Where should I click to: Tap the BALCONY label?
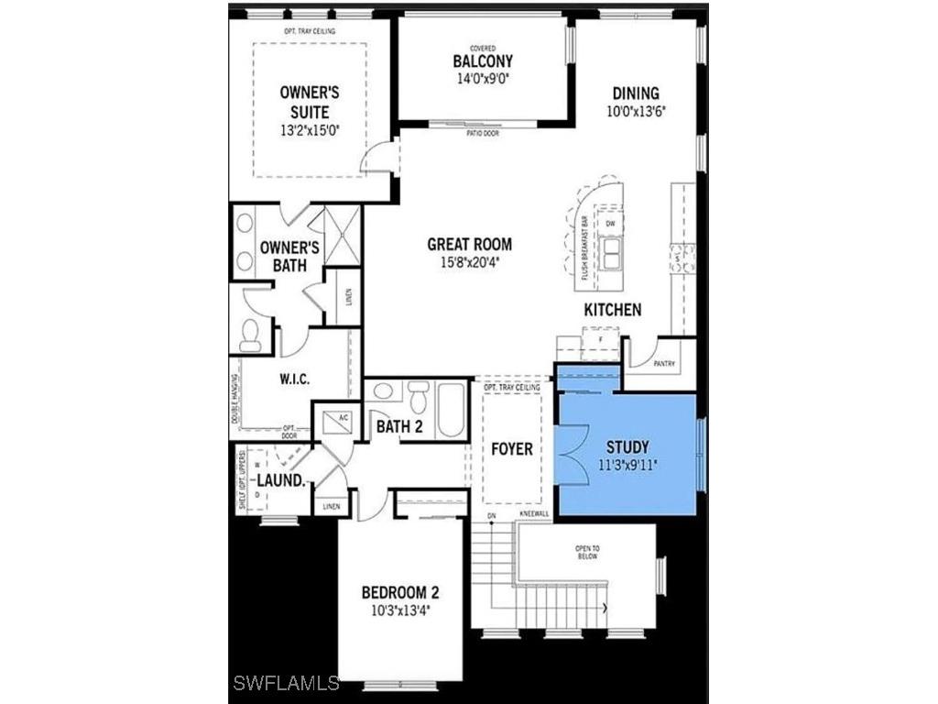click(482, 61)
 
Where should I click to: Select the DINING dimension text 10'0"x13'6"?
click(636, 111)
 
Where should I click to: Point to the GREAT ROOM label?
click(469, 245)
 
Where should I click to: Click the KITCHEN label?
click(613, 310)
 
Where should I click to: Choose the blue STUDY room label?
click(627, 447)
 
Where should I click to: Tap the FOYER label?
click(511, 449)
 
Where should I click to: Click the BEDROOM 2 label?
click(399, 591)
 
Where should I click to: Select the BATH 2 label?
click(399, 425)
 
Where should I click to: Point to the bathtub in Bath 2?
click(451, 411)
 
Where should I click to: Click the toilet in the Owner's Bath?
click(250, 337)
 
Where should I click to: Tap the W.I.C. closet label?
click(297, 378)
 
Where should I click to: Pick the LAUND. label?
click(280, 480)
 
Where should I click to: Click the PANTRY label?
click(664, 364)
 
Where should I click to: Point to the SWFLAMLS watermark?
click(285, 683)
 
